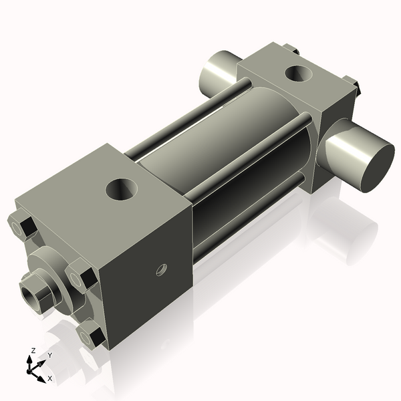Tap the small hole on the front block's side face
click(160, 270)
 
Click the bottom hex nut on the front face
click(93, 335)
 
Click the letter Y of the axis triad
click(49, 356)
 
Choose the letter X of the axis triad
click(50, 378)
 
